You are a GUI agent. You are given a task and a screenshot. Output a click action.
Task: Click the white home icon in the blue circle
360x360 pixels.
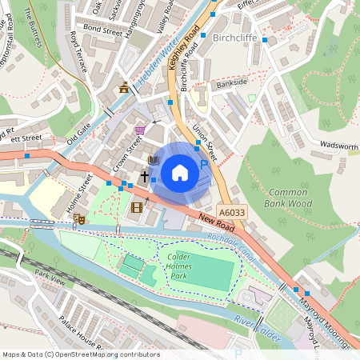click(180, 172)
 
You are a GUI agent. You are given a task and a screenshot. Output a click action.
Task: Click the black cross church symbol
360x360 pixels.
click(146, 176)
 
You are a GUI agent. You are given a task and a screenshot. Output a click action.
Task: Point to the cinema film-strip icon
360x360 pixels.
click(136, 208)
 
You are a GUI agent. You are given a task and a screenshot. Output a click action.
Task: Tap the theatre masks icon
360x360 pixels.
click(78, 218)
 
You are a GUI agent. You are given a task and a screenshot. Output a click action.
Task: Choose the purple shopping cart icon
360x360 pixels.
click(141, 130)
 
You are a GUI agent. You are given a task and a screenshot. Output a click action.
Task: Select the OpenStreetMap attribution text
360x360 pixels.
click(81, 354)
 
